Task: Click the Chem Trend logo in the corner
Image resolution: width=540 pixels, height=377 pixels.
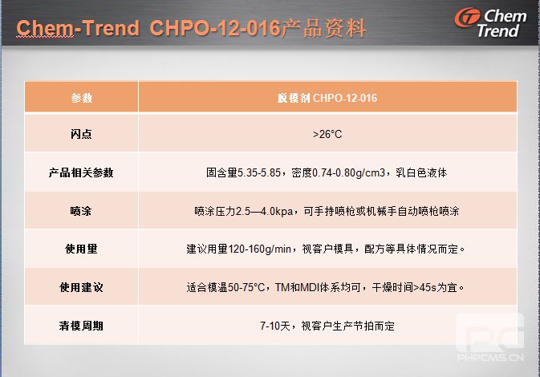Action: [491, 22]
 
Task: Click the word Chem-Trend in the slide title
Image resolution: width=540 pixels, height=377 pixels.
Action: [78, 27]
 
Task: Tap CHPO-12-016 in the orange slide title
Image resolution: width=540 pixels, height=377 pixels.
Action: [215, 27]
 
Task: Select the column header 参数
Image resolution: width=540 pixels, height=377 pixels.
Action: [82, 98]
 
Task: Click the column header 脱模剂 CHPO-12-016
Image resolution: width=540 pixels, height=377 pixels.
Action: [327, 98]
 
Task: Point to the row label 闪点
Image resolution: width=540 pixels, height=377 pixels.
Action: [81, 134]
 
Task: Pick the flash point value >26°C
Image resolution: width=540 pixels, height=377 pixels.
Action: [327, 134]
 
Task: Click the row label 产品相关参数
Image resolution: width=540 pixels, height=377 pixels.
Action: [81, 172]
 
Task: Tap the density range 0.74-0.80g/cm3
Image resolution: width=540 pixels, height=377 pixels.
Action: [348, 172]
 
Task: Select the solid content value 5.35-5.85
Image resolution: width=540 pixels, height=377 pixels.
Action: [259, 172]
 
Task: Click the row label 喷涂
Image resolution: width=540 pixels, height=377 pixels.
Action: [81, 211]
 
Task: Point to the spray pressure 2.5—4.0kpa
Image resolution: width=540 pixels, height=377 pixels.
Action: [265, 211]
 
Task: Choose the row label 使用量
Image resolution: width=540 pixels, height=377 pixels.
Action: [81, 249]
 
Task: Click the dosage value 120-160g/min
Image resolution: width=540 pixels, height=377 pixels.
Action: [260, 249]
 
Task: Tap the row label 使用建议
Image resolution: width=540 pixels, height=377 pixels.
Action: [81, 287]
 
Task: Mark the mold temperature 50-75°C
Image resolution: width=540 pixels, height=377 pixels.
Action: [246, 287]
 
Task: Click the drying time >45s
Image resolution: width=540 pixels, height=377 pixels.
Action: [425, 287]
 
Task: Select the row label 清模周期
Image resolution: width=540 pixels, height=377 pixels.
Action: [81, 326]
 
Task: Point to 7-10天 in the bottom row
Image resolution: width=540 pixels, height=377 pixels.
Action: [275, 326]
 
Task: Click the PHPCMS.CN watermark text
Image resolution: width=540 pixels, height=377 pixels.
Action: [491, 358]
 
